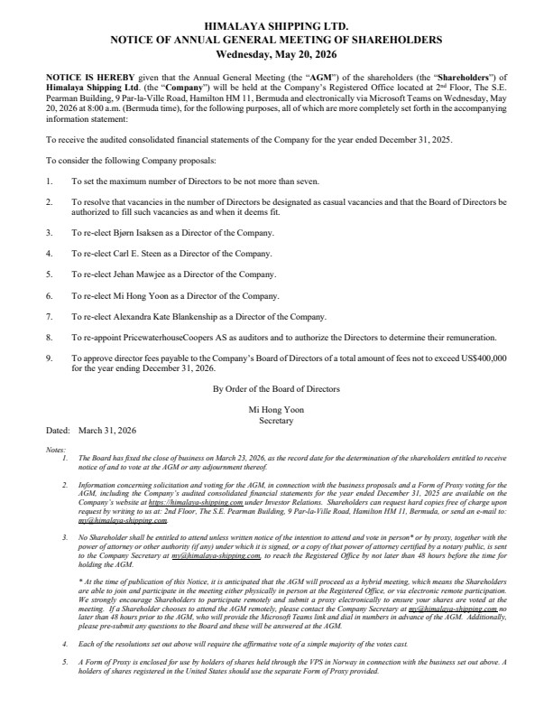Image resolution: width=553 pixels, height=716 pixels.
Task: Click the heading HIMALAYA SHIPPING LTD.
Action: tap(276, 29)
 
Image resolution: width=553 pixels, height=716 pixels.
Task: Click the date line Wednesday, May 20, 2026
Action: tap(276, 53)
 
